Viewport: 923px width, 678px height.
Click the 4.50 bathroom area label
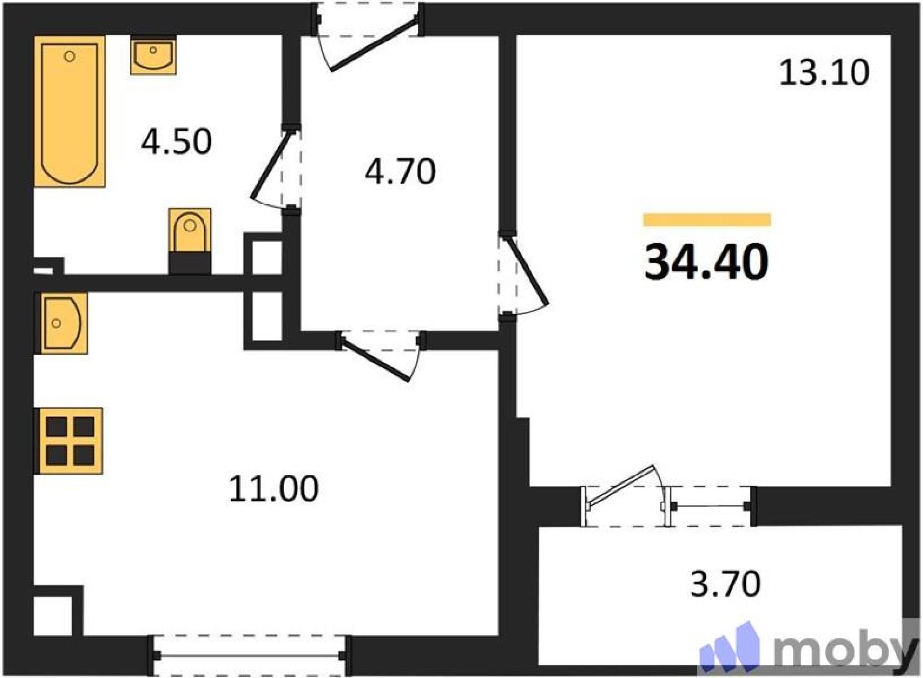pyautogui.click(x=177, y=142)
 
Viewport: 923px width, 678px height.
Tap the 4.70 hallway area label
pyautogui.click(x=400, y=171)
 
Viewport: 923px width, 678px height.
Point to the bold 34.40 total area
pyautogui.click(x=707, y=262)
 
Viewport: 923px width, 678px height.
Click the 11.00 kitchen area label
pyautogui.click(x=273, y=489)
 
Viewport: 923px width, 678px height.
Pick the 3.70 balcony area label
pyautogui.click(x=725, y=584)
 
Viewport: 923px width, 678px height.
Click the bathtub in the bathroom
pyautogui.click(x=70, y=111)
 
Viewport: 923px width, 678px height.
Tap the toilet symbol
pyautogui.click(x=190, y=241)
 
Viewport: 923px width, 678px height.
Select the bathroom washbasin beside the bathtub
pyautogui.click(x=153, y=55)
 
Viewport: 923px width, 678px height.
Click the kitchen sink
pyautogui.click(x=64, y=323)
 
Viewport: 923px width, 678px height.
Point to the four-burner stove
pyautogui.click(x=69, y=441)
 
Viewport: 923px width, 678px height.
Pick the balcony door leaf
pyautogui.click(x=621, y=487)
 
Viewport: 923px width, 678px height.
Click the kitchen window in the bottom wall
pyautogui.click(x=249, y=655)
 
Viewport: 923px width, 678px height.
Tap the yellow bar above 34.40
pyautogui.click(x=707, y=220)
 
